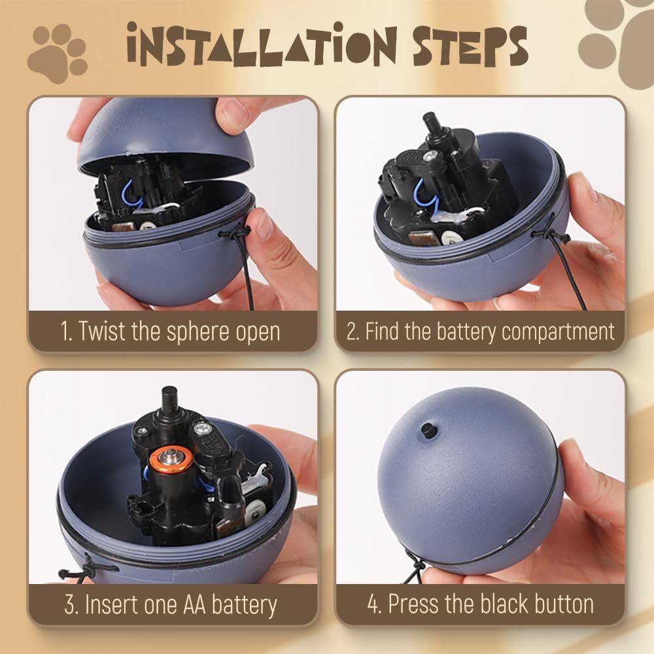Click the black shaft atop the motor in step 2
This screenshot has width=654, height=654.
click(430, 124)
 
